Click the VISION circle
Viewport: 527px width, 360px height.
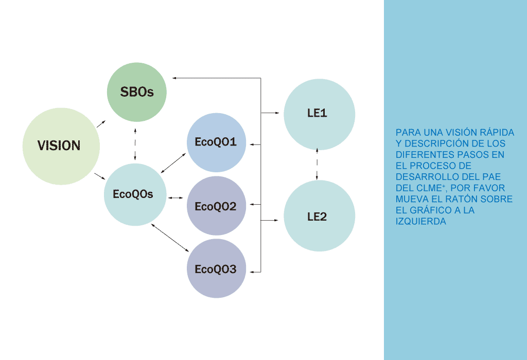[61, 146]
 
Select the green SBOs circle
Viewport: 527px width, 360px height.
[136, 92]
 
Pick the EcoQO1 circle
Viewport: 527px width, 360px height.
[216, 142]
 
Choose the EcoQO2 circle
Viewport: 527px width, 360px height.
[216, 206]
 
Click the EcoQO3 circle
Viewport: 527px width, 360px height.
[216, 268]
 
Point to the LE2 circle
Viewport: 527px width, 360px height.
[319, 217]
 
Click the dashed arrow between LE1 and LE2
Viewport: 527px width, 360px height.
[317, 165]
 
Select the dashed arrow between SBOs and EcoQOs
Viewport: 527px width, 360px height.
[135, 144]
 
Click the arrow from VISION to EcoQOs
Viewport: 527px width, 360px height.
[100, 177]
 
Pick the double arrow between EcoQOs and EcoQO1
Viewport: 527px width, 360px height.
[173, 162]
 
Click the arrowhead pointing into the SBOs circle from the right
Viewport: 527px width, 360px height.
[174, 78]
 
